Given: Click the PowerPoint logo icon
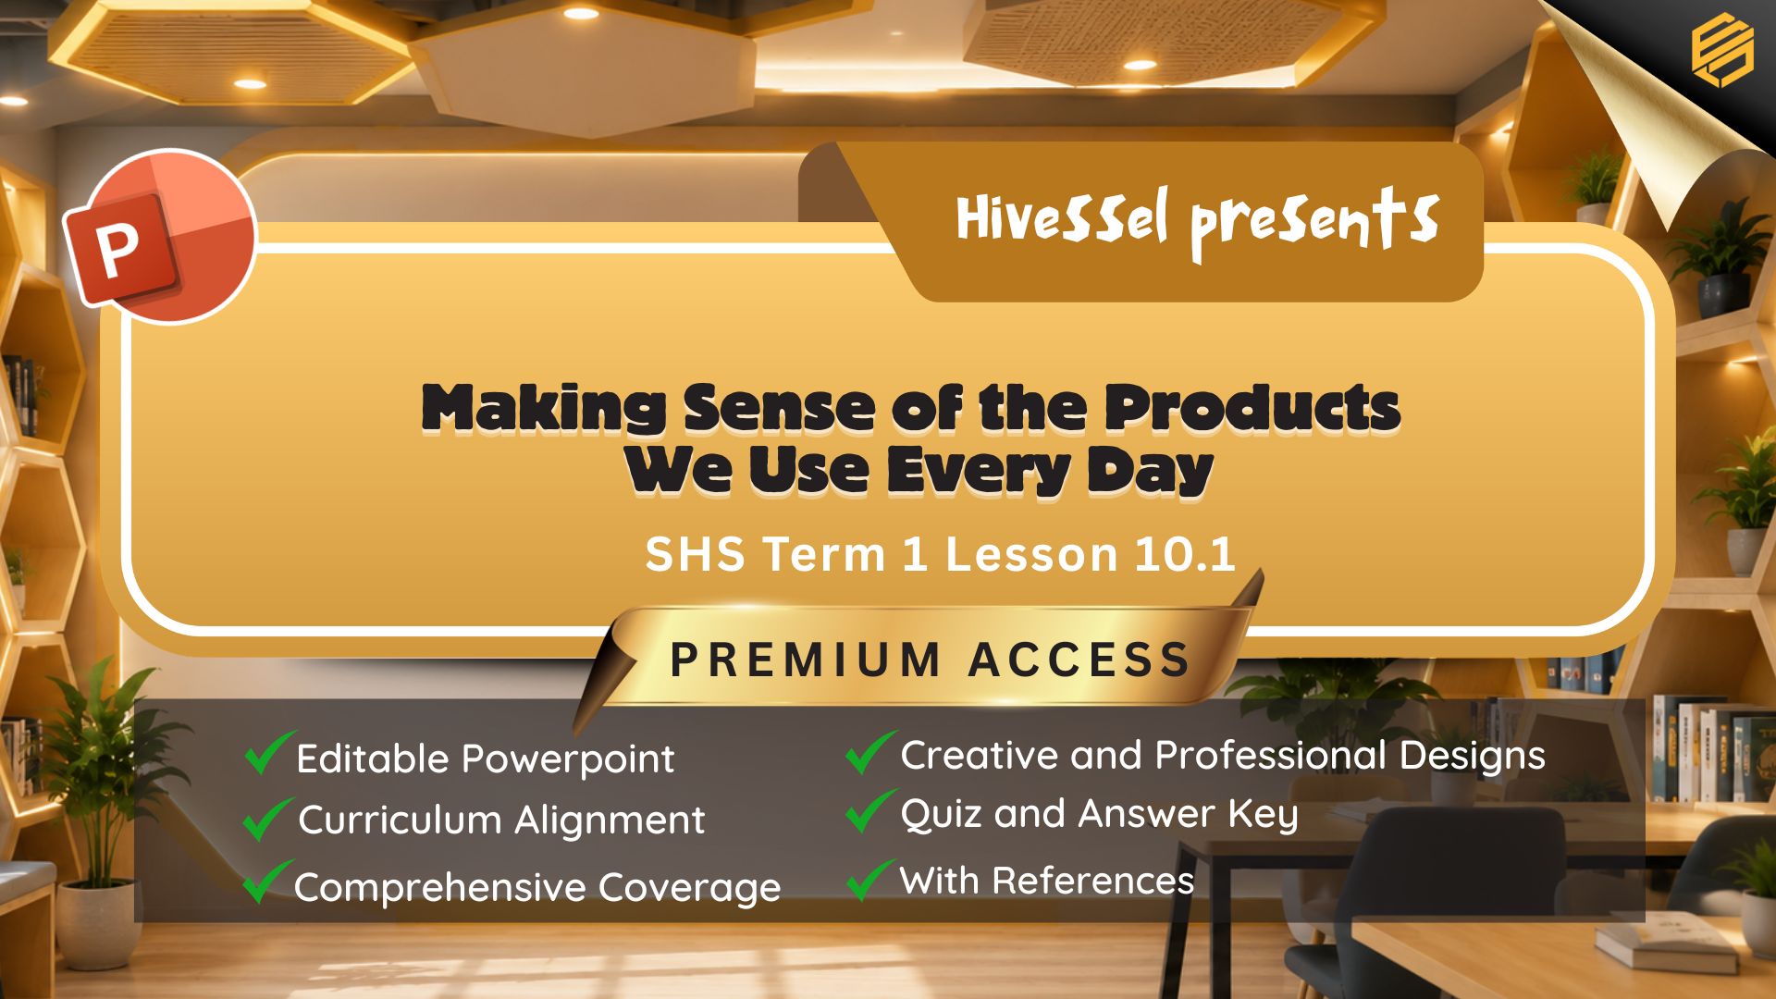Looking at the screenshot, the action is click(159, 237).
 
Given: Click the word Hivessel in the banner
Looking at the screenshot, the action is click(1062, 218).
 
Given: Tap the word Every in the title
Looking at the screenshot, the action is click(978, 471).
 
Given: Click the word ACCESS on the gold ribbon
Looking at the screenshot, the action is click(1079, 660).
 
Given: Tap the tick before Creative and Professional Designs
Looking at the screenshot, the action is click(871, 751).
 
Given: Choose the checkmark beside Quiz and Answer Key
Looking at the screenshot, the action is click(871, 811).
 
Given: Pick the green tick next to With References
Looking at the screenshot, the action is click(871, 879).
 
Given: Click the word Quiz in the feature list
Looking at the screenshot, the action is click(943, 814).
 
